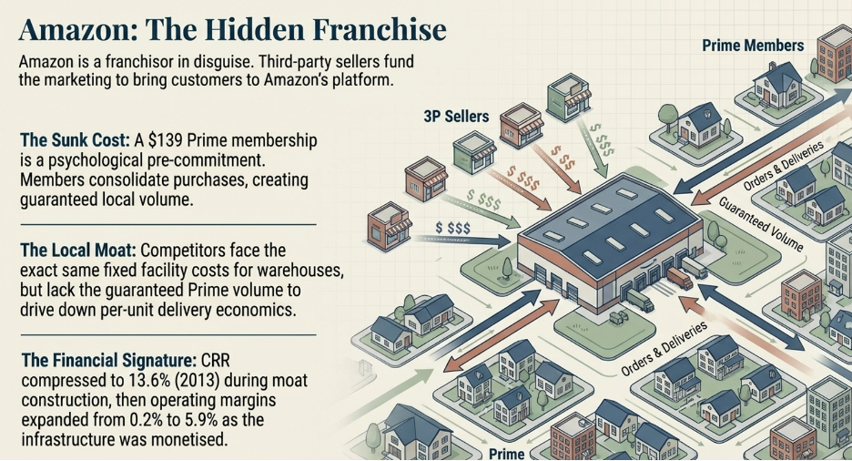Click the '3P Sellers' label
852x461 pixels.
pos(456,116)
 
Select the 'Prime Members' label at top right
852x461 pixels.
pos(753,45)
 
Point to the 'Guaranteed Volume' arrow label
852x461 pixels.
pos(759,224)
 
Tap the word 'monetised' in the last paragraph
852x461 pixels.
pos(195,439)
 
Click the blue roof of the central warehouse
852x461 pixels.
pos(610,219)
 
